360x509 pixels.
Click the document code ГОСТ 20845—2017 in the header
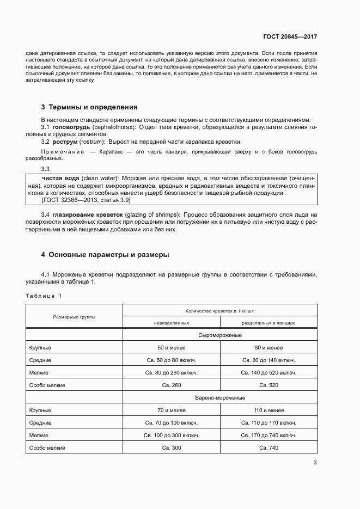[x=290, y=37]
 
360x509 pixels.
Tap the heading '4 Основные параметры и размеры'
[x=105, y=255]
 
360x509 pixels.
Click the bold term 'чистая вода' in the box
[x=60, y=178]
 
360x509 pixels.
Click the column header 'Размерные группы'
[x=74, y=316]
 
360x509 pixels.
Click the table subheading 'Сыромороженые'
[x=220, y=335]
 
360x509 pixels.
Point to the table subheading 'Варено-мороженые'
[x=220, y=397]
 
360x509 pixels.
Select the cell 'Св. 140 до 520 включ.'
[x=269, y=372]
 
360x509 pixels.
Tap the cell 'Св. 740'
[x=269, y=447]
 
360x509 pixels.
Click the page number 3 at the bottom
[x=315, y=463]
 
